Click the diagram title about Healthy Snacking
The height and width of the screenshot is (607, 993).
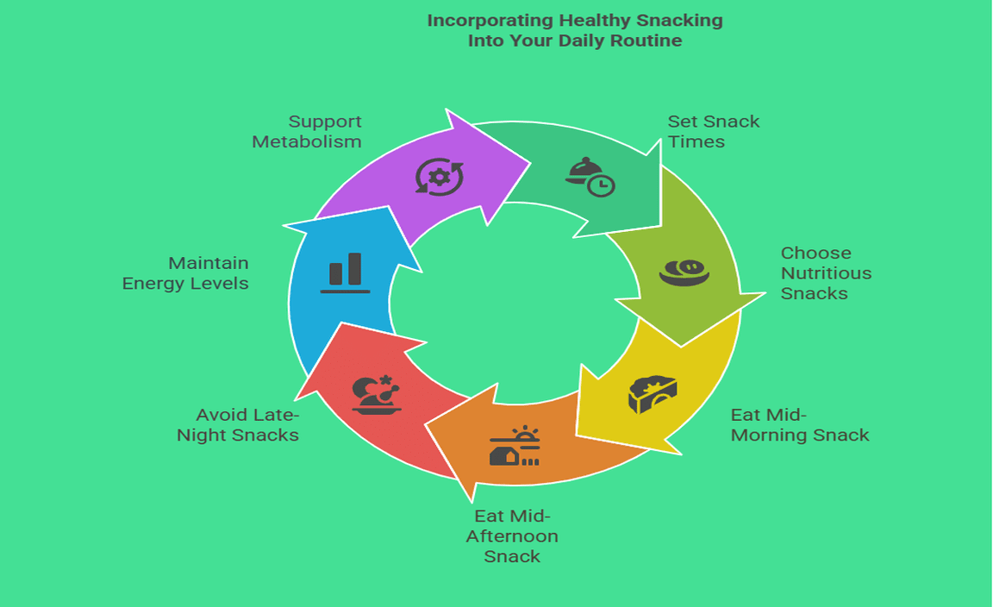(575, 30)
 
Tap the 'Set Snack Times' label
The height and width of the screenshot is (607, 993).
(714, 131)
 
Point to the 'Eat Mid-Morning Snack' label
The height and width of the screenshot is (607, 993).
(800, 425)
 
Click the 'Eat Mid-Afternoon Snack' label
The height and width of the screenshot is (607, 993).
(512, 535)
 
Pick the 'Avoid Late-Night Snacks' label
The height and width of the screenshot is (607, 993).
(238, 425)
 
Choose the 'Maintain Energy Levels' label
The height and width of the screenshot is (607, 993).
(185, 272)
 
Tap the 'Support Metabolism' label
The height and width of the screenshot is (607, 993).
(307, 131)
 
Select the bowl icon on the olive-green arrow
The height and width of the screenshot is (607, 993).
(684, 272)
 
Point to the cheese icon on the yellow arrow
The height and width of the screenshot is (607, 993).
(652, 395)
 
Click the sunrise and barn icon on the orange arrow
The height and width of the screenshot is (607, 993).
(515, 447)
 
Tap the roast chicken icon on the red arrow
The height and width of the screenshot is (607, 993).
(377, 395)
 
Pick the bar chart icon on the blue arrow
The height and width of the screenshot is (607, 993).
(345, 272)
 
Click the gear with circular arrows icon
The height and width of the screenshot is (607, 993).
(439, 176)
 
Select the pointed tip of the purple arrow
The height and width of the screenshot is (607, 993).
(528, 160)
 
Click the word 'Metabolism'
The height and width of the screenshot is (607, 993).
(307, 141)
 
